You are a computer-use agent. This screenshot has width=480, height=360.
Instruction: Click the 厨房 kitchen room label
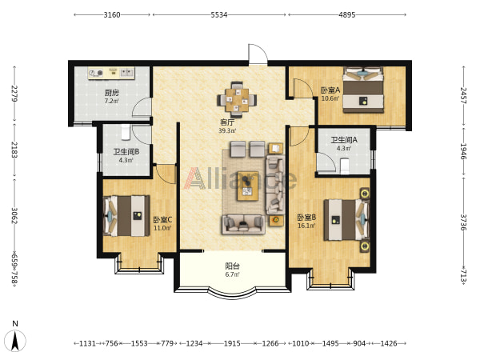point(112,93)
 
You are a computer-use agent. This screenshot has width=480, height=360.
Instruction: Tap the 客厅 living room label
point(227,122)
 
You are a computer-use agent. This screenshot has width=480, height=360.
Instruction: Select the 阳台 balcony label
point(232,266)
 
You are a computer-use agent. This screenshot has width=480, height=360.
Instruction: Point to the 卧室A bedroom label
point(330,90)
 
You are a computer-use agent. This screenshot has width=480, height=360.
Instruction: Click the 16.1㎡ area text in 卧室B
point(306,226)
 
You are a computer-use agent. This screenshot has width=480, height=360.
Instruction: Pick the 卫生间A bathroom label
point(344,140)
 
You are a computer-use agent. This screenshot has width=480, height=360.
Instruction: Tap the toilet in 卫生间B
point(126,131)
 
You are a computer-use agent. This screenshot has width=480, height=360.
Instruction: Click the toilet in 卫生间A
point(345,166)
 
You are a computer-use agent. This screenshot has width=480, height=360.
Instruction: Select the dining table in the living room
point(237,100)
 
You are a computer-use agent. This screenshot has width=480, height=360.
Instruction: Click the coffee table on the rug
point(248,186)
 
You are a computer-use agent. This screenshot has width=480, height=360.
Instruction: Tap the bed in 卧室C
point(126,216)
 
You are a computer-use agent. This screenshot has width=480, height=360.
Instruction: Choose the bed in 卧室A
point(363,90)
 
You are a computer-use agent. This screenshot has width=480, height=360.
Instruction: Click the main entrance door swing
point(258,54)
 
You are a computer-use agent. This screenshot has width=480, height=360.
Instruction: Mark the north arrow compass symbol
point(16,341)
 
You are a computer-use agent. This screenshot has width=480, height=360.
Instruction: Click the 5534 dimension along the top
point(219,14)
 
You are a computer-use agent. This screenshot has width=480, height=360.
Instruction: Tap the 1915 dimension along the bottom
point(232,343)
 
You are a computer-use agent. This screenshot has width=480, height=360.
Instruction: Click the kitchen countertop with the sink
point(111,73)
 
